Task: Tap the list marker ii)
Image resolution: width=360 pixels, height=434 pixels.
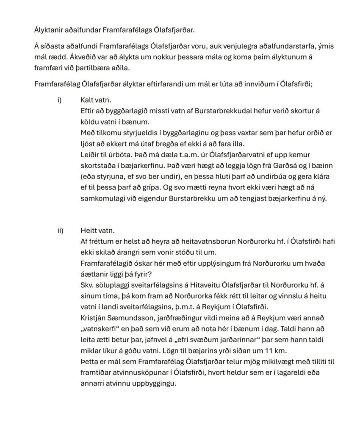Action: (60, 231)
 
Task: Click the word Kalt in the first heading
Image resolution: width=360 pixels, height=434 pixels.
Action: (87, 100)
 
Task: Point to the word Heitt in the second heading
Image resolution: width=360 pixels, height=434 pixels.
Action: (89, 231)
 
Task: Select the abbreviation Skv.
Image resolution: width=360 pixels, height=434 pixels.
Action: (87, 285)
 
